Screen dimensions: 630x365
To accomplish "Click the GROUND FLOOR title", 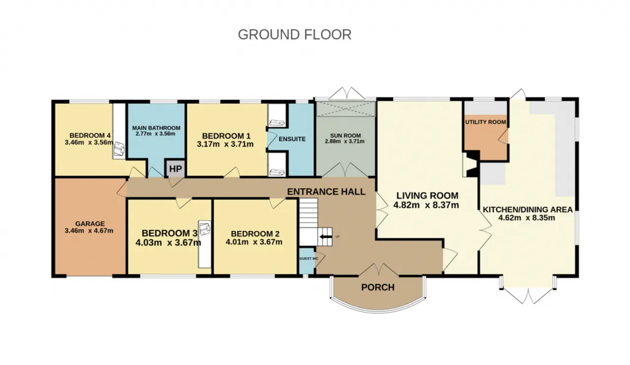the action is [x=294, y=34].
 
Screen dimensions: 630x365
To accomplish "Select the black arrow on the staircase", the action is [x=326, y=236].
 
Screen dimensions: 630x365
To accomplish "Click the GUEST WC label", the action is [x=309, y=258].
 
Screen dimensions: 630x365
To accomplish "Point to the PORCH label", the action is [x=378, y=287].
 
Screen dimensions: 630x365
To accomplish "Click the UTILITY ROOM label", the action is [x=485, y=122].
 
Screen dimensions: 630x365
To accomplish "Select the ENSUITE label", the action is [x=292, y=139].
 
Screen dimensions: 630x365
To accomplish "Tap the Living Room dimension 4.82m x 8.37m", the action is [x=426, y=205].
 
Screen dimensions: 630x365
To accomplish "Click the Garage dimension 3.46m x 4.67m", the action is [x=89, y=231].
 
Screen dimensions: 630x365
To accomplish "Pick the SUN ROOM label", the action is [x=346, y=135].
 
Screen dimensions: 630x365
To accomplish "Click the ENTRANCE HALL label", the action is [x=326, y=192].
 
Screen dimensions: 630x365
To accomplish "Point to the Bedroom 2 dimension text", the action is [x=254, y=242].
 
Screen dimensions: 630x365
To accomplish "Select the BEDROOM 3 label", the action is [x=170, y=233].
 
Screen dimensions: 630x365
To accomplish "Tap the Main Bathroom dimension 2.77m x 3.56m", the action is [x=155, y=134].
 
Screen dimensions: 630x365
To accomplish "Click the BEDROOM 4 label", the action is [x=90, y=136].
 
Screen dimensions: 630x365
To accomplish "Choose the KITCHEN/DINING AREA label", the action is [x=528, y=209].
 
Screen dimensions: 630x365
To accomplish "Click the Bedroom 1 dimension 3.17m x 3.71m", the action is [x=225, y=144].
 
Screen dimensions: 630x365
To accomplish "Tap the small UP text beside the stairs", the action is [x=338, y=237].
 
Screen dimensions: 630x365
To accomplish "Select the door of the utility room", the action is [x=504, y=137].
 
